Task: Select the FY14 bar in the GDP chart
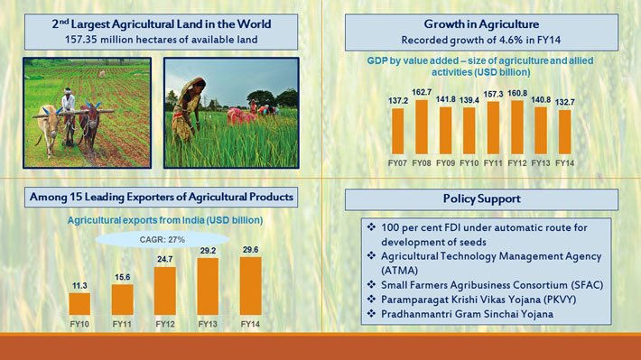[x=564, y=133]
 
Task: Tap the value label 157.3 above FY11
[x=493, y=94]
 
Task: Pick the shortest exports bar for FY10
[x=79, y=304]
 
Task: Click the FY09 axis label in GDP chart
[x=445, y=163]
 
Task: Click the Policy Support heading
[x=481, y=198]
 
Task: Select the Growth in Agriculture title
[x=480, y=24]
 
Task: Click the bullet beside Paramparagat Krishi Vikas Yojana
[x=371, y=299]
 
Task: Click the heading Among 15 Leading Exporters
[x=160, y=197]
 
